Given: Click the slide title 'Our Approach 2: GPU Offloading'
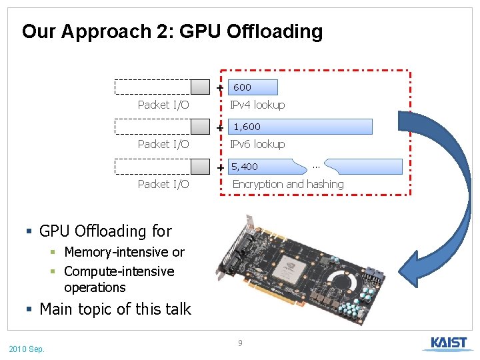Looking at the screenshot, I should (172, 31).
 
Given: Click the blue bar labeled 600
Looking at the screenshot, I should (253, 87).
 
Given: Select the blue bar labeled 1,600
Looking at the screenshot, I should (300, 127).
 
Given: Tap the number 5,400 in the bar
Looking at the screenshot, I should (245, 167).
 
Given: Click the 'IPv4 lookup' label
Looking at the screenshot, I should (257, 105).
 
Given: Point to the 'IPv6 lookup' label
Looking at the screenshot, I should (257, 144).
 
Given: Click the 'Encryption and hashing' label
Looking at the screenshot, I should (288, 184).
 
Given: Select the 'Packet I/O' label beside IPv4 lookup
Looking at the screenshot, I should (163, 105).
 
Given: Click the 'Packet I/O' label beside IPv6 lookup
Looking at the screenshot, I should (163, 144).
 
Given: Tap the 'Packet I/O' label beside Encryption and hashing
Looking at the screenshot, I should (163, 184).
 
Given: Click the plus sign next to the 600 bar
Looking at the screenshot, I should (220, 88).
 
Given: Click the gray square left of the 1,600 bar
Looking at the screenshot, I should (200, 127).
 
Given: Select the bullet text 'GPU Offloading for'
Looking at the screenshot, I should (105, 231).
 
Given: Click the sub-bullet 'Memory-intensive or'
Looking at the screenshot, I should (124, 252).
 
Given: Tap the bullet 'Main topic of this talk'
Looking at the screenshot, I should (115, 309).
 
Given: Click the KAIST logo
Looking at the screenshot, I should (448, 343).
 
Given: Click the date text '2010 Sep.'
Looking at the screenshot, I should (27, 349).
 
